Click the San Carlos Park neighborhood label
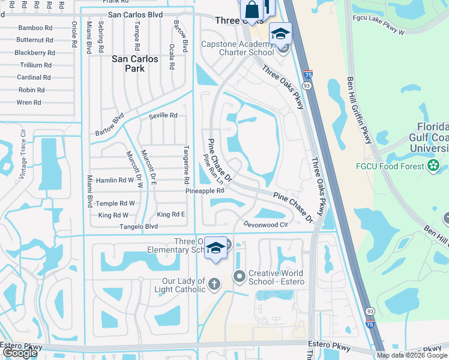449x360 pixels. coord(135,64)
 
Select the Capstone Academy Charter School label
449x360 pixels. coord(237,48)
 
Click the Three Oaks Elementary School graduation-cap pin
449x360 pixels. coord(215,248)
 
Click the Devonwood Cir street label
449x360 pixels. coord(266,224)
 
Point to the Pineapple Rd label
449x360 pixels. coord(205,191)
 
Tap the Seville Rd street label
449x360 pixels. coord(163,115)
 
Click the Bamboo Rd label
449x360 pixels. coord(36,28)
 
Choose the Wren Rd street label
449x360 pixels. coord(29,103)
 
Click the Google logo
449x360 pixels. coord(20,352)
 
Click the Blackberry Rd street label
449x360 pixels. coord(35,53)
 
